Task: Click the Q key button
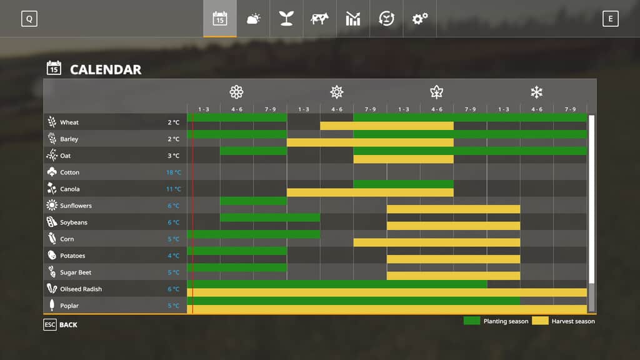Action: [x=29, y=19]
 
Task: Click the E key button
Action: [x=611, y=19]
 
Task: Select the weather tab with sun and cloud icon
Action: [x=253, y=19]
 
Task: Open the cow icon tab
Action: [x=319, y=19]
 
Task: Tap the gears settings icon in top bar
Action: [x=419, y=19]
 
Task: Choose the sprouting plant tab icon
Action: [x=286, y=19]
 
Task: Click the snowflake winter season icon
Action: [x=536, y=92]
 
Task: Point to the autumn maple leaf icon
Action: [x=436, y=92]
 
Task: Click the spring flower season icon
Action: [x=236, y=92]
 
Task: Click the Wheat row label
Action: [x=69, y=122]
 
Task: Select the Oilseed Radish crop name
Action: [x=81, y=289]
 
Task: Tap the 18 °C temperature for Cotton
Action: [x=173, y=172]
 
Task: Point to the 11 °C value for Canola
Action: [x=173, y=189]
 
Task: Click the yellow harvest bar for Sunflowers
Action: [x=453, y=209]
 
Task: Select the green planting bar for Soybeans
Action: [x=270, y=217]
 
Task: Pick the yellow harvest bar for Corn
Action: [x=436, y=242]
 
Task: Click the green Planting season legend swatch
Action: [x=472, y=321]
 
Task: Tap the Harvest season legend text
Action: [x=573, y=321]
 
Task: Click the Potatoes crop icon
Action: [x=52, y=256]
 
